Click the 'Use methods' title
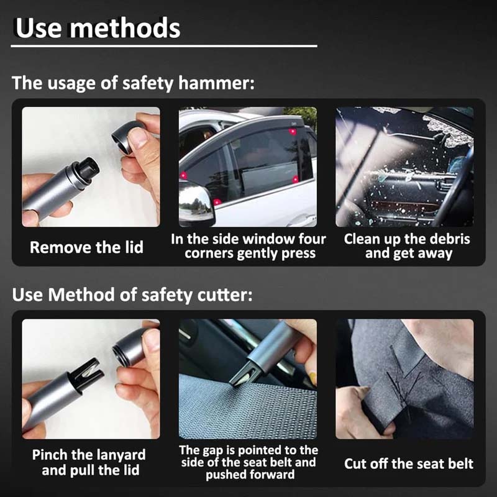[x=98, y=27]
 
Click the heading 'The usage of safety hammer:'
[x=133, y=83]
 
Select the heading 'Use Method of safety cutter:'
[x=132, y=295]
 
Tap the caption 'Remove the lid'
[x=86, y=247]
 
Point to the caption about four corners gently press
[x=248, y=246]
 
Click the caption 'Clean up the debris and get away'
[x=408, y=246]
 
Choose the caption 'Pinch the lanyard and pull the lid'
[x=88, y=462]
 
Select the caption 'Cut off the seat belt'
[x=409, y=463]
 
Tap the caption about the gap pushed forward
[x=248, y=462]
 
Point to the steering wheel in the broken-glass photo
[x=457, y=186]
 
